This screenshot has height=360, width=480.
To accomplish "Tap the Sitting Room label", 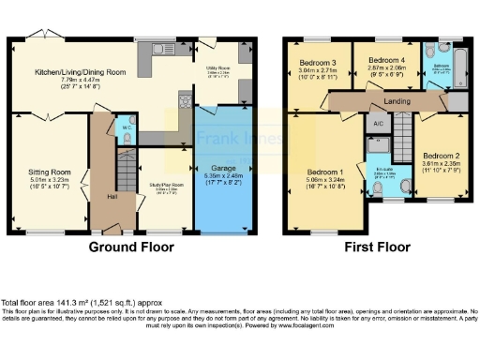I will click(48, 172).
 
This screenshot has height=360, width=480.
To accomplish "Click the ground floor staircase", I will click(124, 173).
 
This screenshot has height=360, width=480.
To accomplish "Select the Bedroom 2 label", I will click(439, 156).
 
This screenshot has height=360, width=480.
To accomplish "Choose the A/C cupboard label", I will click(376, 124).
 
